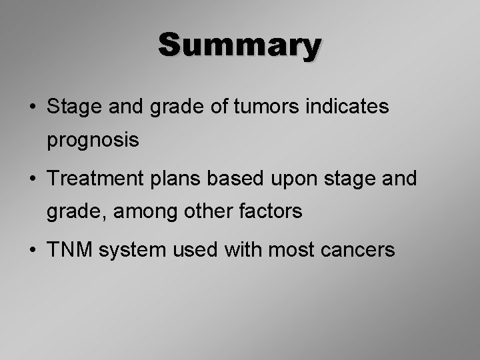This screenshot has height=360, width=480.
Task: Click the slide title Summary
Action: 240,45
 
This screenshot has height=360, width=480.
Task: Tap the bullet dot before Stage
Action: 32,107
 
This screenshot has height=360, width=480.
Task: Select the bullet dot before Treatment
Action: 32,179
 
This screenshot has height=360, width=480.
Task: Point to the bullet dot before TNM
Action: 32,251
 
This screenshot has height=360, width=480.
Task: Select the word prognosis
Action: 93,141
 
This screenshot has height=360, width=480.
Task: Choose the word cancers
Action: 359,251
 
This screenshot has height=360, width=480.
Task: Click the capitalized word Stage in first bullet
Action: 71,107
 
